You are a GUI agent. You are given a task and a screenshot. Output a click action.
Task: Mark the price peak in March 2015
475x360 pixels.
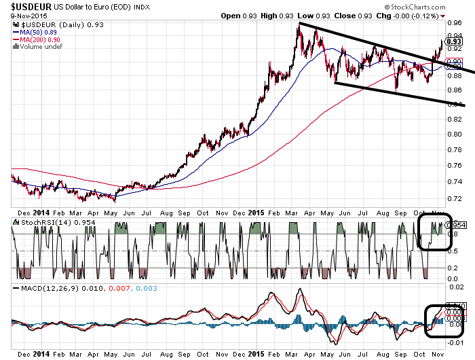coord(299,24)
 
